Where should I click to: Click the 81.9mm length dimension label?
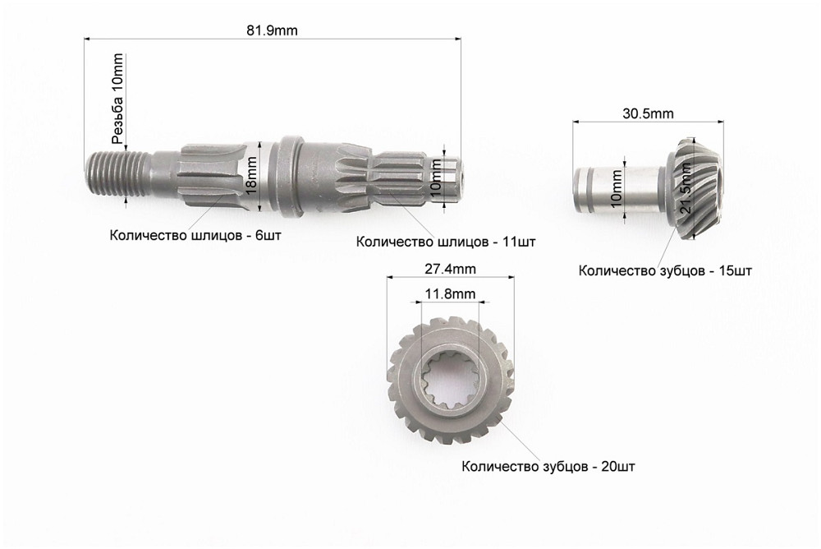(272, 30)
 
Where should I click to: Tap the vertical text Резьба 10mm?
(118, 99)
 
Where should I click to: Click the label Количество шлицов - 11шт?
(446, 242)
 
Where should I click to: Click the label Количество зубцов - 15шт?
(665, 270)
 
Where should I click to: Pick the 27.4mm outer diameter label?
(451, 269)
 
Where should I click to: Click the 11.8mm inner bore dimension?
(450, 293)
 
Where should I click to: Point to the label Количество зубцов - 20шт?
(548, 467)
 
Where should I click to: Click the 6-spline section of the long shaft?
(209, 175)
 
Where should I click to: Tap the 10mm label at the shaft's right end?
(436, 178)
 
